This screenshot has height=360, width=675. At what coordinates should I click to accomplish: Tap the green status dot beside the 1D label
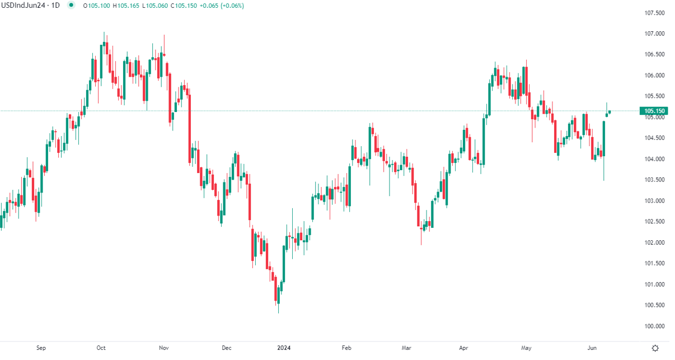[x=71, y=6]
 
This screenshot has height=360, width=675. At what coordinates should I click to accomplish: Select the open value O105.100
[x=96, y=6]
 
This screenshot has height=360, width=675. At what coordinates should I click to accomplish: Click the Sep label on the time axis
[x=41, y=348]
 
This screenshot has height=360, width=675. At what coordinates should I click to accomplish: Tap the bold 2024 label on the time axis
[x=285, y=348]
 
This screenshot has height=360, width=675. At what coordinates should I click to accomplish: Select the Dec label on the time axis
[x=227, y=348]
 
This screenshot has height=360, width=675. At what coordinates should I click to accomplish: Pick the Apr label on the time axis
[x=463, y=348]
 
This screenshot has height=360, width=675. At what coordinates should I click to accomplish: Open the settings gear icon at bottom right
[x=655, y=348]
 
